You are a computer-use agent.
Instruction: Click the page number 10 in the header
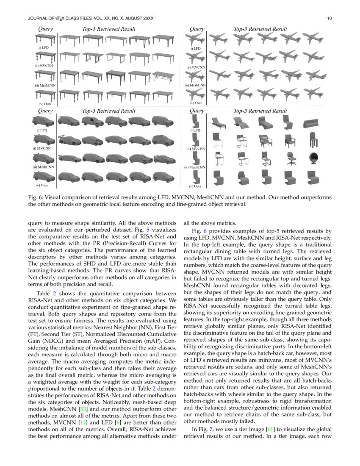pyautogui.click(x=329, y=19)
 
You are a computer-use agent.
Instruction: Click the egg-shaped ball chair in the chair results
pyautogui.click(x=313, y=159)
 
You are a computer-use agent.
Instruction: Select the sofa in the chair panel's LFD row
pyautogui.click(x=313, y=123)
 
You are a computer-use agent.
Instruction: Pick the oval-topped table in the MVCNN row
pyautogui.click(x=140, y=58)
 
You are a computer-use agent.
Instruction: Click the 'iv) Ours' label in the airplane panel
pyautogui.click(x=196, y=103)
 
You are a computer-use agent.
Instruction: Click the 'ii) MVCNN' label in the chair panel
pyautogui.click(x=196, y=149)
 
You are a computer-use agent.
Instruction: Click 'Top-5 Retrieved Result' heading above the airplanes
pyautogui.click(x=260, y=29)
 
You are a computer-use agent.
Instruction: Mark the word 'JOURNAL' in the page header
pyautogui.click(x=37, y=19)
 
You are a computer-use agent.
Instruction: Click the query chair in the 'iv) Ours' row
pyautogui.click(x=195, y=176)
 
